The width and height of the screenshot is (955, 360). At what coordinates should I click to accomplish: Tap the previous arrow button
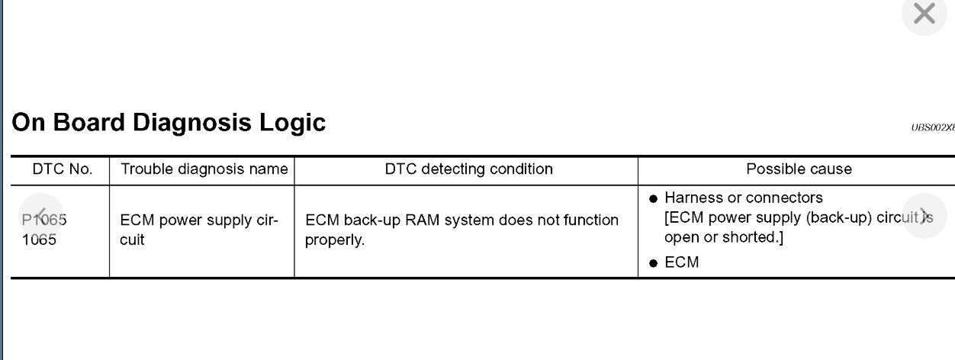(42, 216)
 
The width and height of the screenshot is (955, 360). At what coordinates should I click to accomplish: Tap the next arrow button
(924, 216)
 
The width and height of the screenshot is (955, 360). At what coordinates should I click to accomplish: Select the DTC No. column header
(63, 169)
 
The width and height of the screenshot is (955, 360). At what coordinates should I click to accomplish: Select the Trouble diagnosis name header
(204, 169)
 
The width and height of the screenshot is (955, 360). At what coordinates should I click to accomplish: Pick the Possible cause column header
(799, 169)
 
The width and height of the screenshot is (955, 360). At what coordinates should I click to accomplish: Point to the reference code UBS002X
(932, 127)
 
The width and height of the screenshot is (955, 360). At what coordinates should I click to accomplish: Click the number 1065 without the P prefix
(39, 239)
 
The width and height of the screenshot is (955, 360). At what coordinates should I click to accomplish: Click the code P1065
(44, 220)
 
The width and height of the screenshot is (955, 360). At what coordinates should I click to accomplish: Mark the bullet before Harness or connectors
(653, 199)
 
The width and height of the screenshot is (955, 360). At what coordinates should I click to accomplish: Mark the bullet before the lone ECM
(653, 263)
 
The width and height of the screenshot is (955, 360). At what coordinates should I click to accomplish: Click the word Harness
(690, 198)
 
